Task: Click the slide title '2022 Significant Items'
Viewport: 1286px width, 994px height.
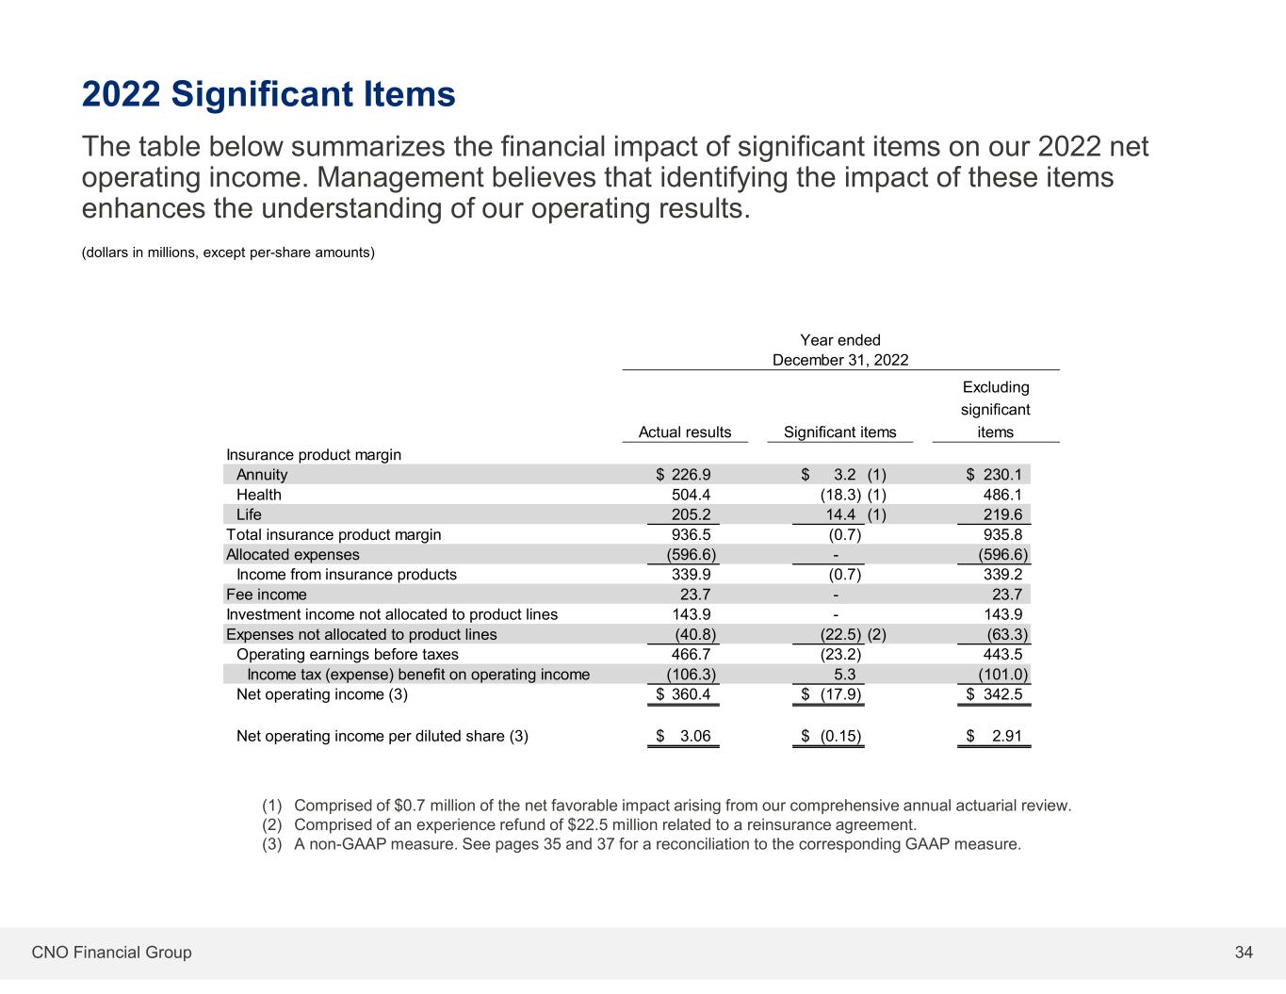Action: point(269,94)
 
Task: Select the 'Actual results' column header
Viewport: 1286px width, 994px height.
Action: point(685,432)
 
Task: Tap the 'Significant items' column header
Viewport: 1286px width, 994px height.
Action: point(839,432)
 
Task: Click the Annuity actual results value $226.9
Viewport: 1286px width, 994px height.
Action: point(684,475)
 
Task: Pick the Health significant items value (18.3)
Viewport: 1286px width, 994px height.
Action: point(840,495)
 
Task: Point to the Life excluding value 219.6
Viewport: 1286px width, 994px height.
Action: point(1002,514)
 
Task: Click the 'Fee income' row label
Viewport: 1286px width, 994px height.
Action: point(266,595)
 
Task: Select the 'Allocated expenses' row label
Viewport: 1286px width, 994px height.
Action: point(292,555)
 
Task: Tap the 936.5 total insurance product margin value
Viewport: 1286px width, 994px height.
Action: point(692,535)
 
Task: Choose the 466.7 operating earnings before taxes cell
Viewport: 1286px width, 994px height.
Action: point(692,654)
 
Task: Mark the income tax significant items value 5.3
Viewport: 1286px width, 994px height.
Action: point(845,675)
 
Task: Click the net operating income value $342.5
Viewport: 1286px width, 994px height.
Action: point(995,695)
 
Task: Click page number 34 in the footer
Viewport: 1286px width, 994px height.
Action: point(1244,953)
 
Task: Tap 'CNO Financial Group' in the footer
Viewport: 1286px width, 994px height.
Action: point(111,953)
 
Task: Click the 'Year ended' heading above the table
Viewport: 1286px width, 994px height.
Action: point(839,340)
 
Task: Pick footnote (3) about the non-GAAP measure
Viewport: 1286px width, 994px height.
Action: point(641,844)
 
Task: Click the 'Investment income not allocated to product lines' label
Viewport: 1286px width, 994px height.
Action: point(391,614)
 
